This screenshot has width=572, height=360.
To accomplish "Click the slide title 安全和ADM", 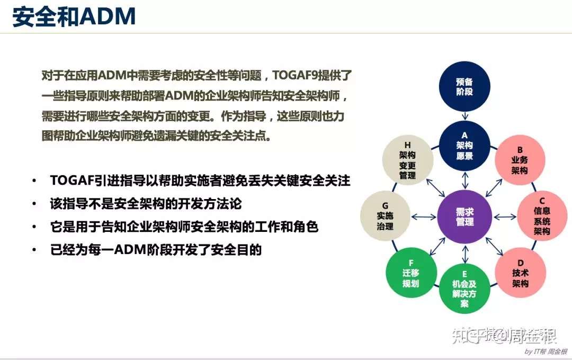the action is pos(74,16).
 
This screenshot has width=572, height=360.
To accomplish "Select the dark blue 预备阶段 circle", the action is pos(464,86).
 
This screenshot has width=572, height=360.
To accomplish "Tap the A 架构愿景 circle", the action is pos(464,146).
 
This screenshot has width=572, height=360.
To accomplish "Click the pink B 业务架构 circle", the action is pos(520,160).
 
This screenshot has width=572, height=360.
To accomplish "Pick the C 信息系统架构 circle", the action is pos(542,216).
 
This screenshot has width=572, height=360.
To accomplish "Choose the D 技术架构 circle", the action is pos(520,273).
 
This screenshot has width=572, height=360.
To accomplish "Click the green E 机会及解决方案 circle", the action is pos(464,289).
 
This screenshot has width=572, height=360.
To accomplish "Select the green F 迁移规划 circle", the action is pos(411,273).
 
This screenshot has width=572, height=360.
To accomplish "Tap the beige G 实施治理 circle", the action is pos(386,216).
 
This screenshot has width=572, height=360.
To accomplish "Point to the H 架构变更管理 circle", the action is pos(408,160).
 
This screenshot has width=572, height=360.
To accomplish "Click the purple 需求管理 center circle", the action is pos(464,217).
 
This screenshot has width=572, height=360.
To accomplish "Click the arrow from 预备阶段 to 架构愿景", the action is pos(465,116).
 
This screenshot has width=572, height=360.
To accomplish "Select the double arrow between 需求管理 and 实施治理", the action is pos(424,217).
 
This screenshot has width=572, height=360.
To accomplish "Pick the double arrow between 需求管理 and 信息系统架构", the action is pos(505,217).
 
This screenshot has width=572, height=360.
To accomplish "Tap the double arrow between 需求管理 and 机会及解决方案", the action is pos(465,254).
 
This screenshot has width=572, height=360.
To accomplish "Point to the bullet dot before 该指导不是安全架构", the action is pos(34,203).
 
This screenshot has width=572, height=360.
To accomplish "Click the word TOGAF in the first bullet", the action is pos(72,181).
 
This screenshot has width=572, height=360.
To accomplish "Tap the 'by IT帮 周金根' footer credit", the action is pos(546,351).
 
